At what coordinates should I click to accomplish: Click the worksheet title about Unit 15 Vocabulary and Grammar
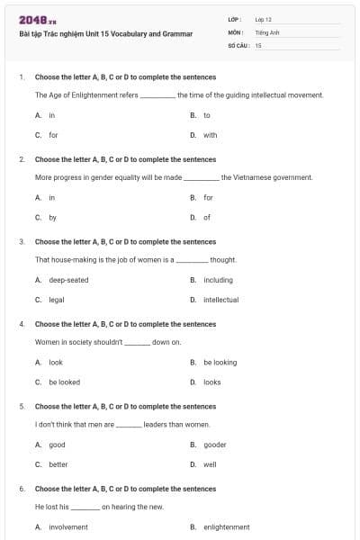click(x=105, y=33)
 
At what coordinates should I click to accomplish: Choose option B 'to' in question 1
click(x=206, y=115)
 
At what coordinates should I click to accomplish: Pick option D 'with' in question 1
click(x=210, y=135)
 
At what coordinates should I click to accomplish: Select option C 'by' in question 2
click(x=52, y=217)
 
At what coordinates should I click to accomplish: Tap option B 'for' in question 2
click(x=208, y=197)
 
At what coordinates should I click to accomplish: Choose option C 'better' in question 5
click(x=58, y=464)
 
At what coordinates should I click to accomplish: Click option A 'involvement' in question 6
click(x=68, y=527)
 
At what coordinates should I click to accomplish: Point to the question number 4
click(x=22, y=324)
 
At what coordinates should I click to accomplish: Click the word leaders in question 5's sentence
click(x=157, y=424)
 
